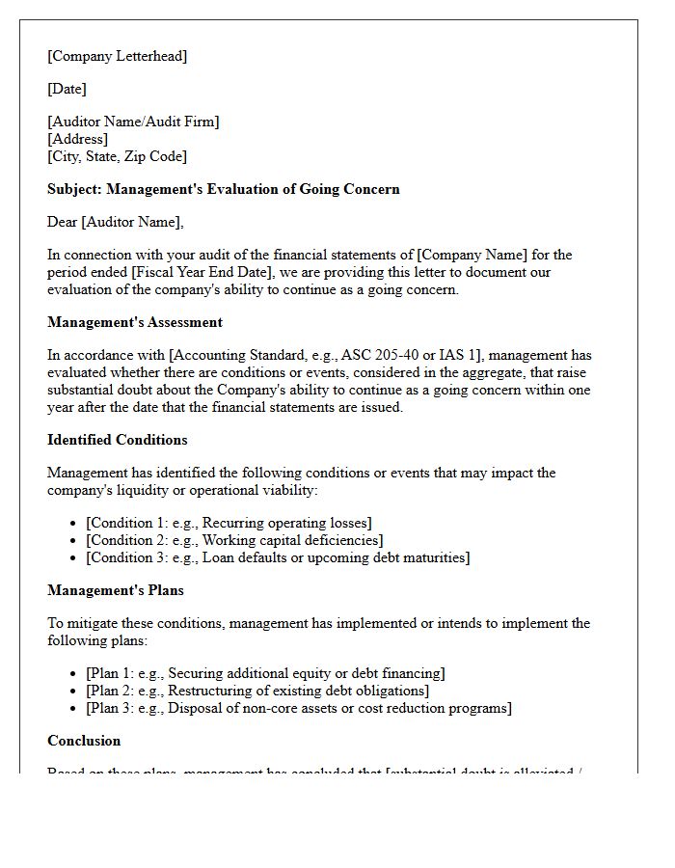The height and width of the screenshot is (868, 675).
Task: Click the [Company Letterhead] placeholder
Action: pos(117,56)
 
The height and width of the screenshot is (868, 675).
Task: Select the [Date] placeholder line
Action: pos(67,89)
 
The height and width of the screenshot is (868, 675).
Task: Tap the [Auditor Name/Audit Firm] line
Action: pos(133,122)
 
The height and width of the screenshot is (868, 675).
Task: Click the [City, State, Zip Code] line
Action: pos(117,156)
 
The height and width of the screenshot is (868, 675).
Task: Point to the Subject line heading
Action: pos(223,189)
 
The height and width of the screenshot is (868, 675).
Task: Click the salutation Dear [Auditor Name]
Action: pos(115,222)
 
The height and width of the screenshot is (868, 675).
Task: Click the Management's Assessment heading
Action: pos(134,322)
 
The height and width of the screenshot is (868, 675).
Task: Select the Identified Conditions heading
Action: pos(117,440)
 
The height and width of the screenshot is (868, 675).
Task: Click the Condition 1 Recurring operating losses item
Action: pos(229,523)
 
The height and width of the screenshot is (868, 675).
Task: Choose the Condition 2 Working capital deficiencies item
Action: pos(234,540)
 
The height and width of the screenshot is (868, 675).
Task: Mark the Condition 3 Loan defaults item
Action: pos(278,557)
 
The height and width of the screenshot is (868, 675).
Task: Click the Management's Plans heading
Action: pos(115,590)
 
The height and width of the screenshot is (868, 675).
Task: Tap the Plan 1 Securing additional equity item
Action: pos(265,673)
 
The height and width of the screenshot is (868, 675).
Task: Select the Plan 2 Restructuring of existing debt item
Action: pos(257,691)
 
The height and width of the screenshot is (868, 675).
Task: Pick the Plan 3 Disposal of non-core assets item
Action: pos(299,708)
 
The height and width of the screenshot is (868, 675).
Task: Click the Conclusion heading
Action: pos(84,741)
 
